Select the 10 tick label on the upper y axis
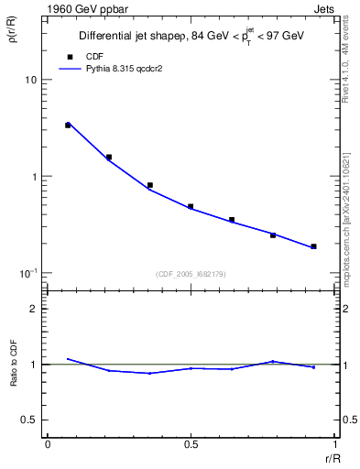tap(30, 80)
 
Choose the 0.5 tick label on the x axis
tap(190, 444)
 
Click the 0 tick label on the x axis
tap(47, 444)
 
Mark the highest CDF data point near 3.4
tap(68, 125)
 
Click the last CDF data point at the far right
tap(313, 246)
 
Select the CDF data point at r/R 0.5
tap(191, 207)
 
